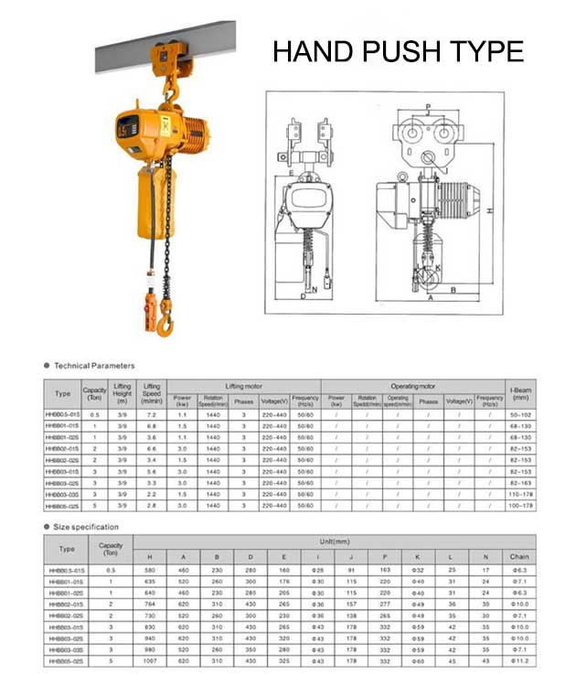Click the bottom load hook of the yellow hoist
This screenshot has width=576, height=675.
click(165, 321)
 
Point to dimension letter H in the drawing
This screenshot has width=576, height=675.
click(491, 209)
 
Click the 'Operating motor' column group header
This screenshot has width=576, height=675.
click(413, 387)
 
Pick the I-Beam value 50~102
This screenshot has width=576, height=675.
click(521, 415)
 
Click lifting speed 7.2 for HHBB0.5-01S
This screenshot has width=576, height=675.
click(153, 415)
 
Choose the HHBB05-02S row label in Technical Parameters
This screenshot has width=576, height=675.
click(62, 505)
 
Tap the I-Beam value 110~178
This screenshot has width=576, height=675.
click(521, 494)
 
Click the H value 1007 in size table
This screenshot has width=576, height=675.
click(152, 659)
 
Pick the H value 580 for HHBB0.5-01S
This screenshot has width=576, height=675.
click(152, 570)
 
